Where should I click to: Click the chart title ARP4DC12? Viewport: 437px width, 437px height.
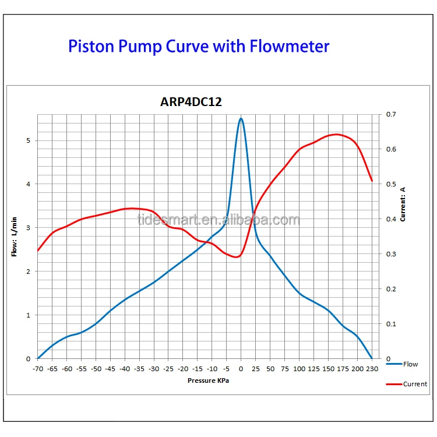(x=191, y=102)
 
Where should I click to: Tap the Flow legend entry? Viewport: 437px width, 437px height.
(x=410, y=364)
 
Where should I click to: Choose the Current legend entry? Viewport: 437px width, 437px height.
(x=414, y=384)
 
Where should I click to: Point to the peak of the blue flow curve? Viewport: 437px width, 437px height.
(x=241, y=118)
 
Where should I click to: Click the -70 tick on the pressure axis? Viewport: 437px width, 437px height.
(x=38, y=369)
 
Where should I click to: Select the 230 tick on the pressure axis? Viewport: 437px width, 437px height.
(x=372, y=369)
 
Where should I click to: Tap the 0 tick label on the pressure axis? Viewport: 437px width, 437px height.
(x=241, y=369)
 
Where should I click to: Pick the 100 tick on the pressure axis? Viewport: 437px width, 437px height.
(x=299, y=369)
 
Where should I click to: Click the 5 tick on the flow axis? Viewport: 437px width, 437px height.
(x=28, y=140)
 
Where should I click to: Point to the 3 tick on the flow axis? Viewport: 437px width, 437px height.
(x=28, y=228)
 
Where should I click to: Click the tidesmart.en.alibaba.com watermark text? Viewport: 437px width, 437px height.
(x=218, y=220)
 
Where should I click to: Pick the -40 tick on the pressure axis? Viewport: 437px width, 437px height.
(x=125, y=369)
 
